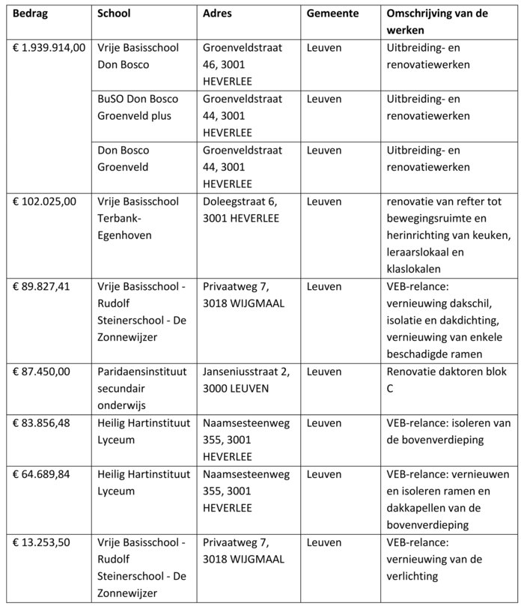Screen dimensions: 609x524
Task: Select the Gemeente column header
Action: (x=332, y=14)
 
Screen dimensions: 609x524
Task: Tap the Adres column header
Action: (x=218, y=14)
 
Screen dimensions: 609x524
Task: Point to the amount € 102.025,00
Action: (x=44, y=202)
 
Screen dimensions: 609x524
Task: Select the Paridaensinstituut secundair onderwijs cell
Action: (x=139, y=389)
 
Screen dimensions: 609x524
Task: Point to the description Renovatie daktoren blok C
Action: (x=445, y=380)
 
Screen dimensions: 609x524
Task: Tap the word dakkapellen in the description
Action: (x=418, y=508)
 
